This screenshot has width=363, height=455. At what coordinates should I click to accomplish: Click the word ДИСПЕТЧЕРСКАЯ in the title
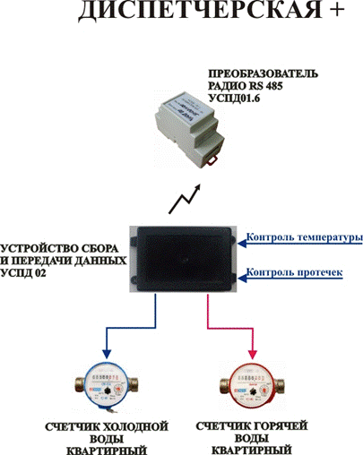point(200,10)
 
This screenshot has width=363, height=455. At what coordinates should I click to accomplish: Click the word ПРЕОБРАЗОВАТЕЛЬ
point(263,73)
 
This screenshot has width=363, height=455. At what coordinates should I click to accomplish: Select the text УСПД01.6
point(234,98)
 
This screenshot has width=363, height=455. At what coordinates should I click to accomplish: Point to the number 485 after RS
point(272,86)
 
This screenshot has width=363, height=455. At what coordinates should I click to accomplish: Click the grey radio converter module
point(189,129)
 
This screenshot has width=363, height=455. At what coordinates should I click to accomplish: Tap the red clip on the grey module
point(212,160)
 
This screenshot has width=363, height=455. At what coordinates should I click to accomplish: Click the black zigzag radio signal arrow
point(185,199)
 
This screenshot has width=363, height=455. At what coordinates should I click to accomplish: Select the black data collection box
point(183,259)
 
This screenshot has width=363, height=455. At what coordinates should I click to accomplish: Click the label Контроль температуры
point(305,238)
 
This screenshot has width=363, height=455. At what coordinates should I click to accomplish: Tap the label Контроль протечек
point(294,272)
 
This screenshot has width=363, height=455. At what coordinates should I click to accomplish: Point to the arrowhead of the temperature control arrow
point(242,244)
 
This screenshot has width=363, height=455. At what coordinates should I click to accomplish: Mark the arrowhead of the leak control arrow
point(242,279)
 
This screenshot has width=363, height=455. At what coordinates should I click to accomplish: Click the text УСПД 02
point(23,273)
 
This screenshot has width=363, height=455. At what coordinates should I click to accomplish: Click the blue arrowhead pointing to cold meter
point(107,354)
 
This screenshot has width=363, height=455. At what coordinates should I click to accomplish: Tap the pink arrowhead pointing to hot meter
point(253,354)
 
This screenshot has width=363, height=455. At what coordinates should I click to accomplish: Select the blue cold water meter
point(107,386)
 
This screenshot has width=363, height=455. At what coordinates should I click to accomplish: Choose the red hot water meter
point(253,385)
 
